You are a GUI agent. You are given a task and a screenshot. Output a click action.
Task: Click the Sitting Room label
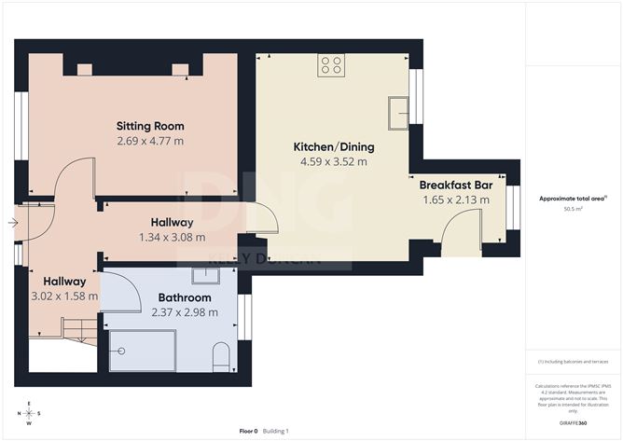[x=150, y=126]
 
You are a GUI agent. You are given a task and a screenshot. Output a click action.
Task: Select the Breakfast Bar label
[x=462, y=185]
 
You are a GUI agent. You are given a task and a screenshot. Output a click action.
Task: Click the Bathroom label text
[x=185, y=297]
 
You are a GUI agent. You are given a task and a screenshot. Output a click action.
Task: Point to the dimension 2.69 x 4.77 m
[x=150, y=141]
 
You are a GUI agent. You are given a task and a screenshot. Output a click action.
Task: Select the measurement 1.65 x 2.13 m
[x=462, y=200]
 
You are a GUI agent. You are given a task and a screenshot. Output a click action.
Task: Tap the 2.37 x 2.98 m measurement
[x=185, y=311]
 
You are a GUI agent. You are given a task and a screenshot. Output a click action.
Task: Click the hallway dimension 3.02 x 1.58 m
[x=63, y=296]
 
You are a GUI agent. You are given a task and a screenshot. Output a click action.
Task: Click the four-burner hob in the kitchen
[x=331, y=64]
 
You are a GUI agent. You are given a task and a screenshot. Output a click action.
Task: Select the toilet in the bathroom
[x=222, y=357]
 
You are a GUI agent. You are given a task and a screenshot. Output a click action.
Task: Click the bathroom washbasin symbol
[x=205, y=276]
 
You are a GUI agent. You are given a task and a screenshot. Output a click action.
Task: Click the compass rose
[x=30, y=413]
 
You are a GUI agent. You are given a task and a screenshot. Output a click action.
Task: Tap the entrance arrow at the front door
[x=11, y=223]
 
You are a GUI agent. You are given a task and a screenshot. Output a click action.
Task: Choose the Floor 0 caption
[x=248, y=431]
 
